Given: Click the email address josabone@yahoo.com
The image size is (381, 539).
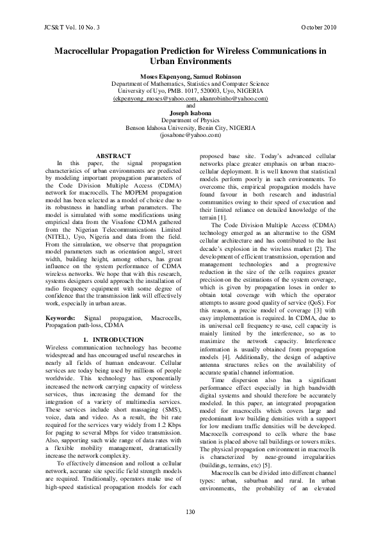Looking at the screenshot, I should click(x=190, y=135).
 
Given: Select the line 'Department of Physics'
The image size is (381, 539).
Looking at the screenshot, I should click(x=190, y=120).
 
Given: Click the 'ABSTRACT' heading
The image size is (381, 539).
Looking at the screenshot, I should click(x=113, y=156).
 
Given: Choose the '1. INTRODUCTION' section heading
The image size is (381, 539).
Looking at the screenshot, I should click(x=113, y=321).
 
